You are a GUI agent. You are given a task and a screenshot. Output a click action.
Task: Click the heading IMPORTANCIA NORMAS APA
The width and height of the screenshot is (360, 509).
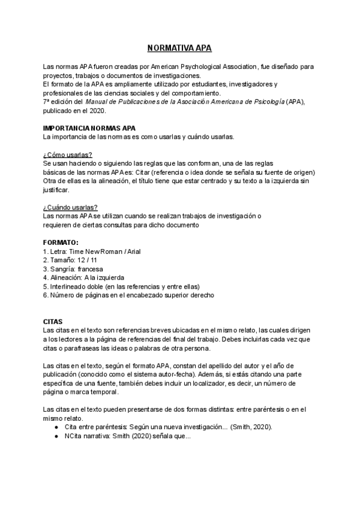point(89,128)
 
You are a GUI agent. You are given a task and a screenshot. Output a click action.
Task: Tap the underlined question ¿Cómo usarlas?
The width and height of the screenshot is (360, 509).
point(67,155)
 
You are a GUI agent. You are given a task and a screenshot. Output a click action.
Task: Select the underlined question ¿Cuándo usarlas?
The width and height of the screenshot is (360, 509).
point(70,207)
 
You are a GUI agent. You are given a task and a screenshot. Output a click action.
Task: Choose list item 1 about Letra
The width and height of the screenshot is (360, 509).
point(92,251)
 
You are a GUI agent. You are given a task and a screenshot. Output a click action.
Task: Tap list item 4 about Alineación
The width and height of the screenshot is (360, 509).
point(83,278)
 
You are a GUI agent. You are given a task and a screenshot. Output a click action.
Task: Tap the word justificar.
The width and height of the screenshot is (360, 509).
point(56,190)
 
